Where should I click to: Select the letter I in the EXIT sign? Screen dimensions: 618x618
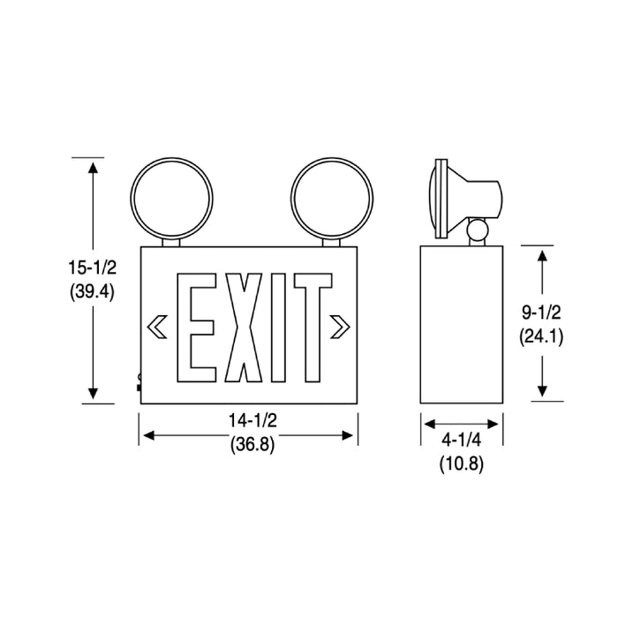[276, 328]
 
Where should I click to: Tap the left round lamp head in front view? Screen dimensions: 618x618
[170, 194]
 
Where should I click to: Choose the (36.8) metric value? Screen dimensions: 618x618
[248, 447]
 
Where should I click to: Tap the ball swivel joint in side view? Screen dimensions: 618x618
[477, 231]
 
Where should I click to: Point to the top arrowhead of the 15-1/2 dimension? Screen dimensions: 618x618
[90, 165]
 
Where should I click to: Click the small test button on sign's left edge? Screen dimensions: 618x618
[138, 382]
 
